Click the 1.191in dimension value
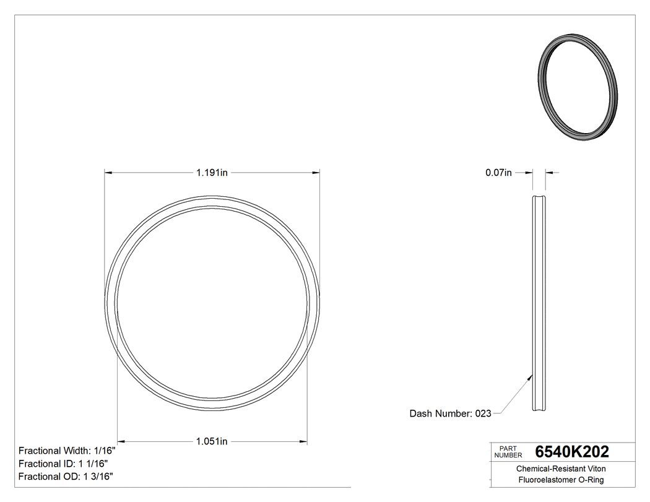click(212, 173)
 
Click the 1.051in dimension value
click(212, 441)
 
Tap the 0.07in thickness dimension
click(498, 173)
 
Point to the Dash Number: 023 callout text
click(450, 413)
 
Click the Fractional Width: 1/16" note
click(67, 451)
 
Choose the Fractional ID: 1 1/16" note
click(64, 464)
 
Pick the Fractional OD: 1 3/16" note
click(66, 477)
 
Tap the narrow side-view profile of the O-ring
click(539, 303)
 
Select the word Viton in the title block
click(596, 469)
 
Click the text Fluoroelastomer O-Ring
click(561, 480)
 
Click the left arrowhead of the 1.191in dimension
click(108, 173)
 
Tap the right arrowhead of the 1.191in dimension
click(316, 173)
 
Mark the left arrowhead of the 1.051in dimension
click(122, 441)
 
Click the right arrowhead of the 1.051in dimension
click(304, 441)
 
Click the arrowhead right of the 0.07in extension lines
click(549, 173)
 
